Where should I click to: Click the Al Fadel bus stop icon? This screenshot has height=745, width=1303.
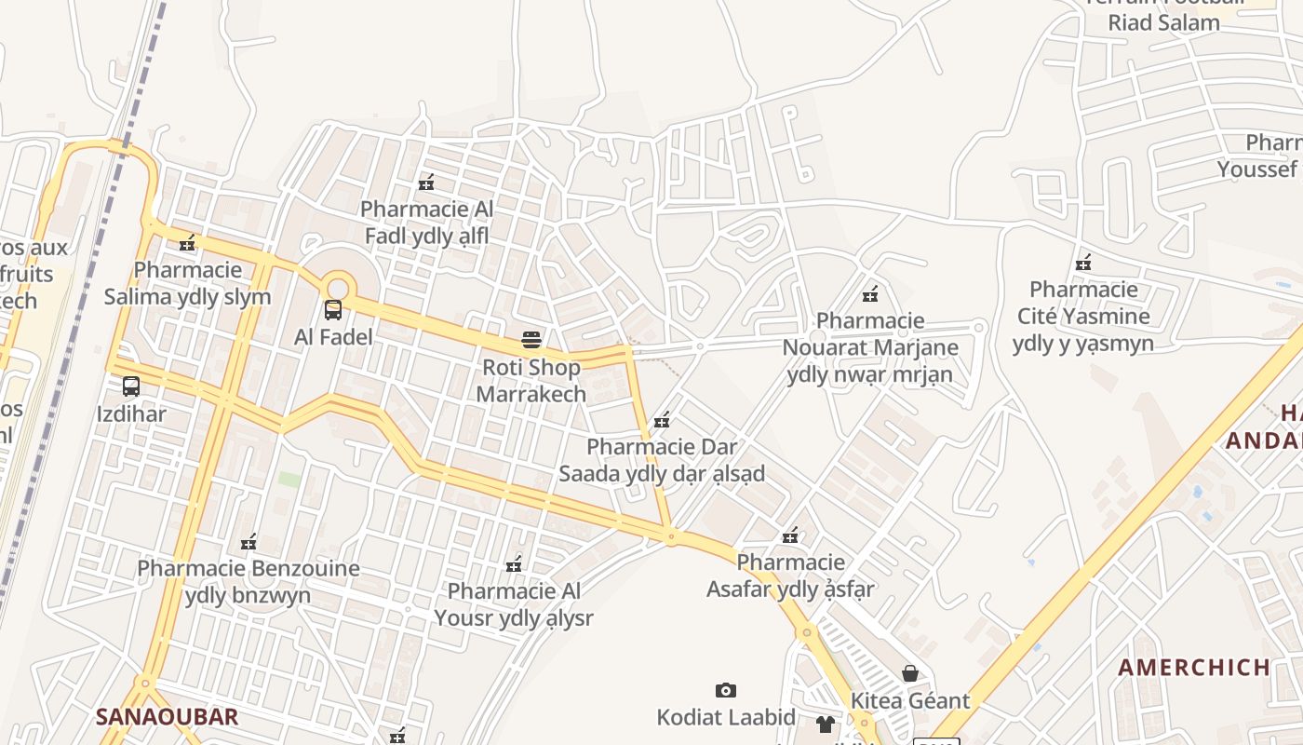tap(333, 310)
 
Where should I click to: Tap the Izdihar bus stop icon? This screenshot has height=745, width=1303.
tap(131, 386)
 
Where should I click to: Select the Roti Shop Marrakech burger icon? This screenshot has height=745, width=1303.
tap(531, 340)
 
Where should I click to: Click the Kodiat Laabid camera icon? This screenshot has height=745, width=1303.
tap(726, 690)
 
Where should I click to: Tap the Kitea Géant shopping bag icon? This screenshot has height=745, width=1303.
tap(910, 672)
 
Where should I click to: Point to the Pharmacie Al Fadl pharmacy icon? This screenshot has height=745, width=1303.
tap(427, 183)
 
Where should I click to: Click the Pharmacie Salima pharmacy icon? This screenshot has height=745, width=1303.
tap(187, 243)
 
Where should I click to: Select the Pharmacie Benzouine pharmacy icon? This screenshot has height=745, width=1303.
tap(248, 541)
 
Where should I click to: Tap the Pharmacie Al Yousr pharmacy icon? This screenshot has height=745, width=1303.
tap(513, 563)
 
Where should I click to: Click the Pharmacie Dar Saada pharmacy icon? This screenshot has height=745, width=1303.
tap(662, 420)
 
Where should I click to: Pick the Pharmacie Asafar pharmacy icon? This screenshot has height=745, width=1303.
tap(790, 535)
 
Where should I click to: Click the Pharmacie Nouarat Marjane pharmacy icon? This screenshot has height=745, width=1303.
tap(870, 294)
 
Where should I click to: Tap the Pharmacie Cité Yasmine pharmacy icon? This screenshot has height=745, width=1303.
tap(1082, 263)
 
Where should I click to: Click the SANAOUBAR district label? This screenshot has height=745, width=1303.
tap(167, 716)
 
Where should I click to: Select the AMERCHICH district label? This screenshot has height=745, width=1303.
tap(1194, 667)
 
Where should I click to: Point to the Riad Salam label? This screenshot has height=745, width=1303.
tap(1163, 23)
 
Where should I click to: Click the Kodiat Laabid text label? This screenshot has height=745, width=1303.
tap(726, 717)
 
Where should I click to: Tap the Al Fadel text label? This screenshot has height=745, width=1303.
tap(333, 337)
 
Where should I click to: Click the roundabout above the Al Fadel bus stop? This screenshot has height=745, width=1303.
tap(337, 285)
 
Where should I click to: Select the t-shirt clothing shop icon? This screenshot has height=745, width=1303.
tap(826, 724)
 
